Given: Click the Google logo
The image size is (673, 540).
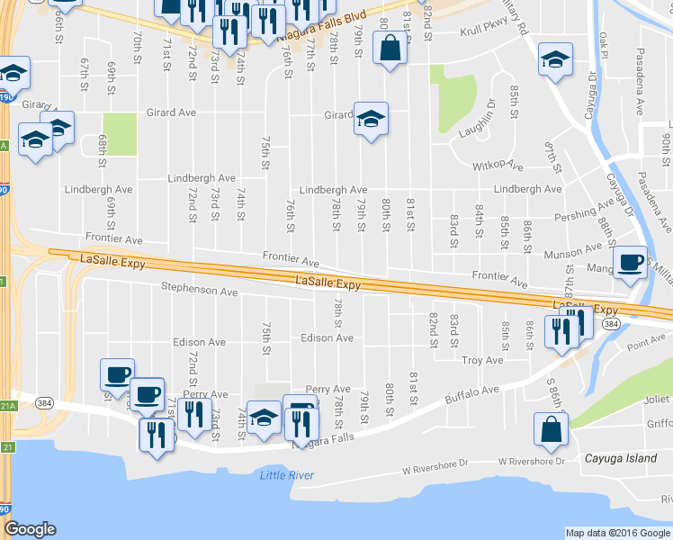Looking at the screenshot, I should pyautogui.click(x=30, y=529).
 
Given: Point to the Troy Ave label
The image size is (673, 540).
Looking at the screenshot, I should pyautogui.click(x=482, y=360).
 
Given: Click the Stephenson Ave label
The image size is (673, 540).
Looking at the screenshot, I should pyautogui.click(x=199, y=292).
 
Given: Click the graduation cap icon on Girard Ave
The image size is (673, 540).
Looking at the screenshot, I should pyautogui.click(x=370, y=121).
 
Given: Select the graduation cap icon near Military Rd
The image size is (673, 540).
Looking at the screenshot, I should pyautogui.click(x=555, y=61).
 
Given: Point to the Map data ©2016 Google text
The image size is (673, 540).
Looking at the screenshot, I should pyautogui.click(x=617, y=533).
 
